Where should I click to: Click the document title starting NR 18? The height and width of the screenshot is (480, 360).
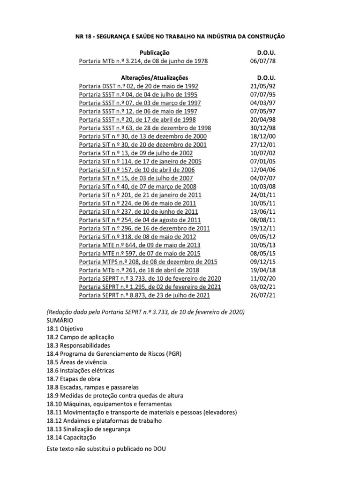(x=180, y=36)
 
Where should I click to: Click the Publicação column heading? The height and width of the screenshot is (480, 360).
(x=154, y=53)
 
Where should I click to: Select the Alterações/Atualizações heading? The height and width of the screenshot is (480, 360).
(x=154, y=77)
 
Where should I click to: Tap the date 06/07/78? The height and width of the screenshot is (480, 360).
(x=263, y=61)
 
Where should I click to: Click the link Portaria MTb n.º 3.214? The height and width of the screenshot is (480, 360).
(x=143, y=61)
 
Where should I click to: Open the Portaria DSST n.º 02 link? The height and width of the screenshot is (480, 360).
(x=139, y=86)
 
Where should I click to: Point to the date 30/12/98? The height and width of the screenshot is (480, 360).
(x=263, y=128)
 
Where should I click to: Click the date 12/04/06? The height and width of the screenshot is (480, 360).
(x=263, y=170)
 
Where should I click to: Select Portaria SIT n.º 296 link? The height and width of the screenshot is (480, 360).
(x=144, y=228)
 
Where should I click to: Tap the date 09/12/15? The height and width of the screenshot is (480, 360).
(x=263, y=262)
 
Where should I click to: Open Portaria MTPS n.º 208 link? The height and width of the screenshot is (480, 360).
(x=148, y=262)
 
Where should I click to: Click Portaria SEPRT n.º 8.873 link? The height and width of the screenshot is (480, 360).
(x=144, y=295)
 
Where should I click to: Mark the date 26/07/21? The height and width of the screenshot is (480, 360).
(x=263, y=295)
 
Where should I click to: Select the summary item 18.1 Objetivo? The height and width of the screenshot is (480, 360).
(x=65, y=329)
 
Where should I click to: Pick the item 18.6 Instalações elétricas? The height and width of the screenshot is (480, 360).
(x=80, y=370)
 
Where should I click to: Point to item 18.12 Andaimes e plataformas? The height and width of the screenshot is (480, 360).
(x=104, y=420)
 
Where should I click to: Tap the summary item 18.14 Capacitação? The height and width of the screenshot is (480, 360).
(x=71, y=437)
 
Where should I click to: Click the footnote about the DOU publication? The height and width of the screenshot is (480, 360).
(x=106, y=449)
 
